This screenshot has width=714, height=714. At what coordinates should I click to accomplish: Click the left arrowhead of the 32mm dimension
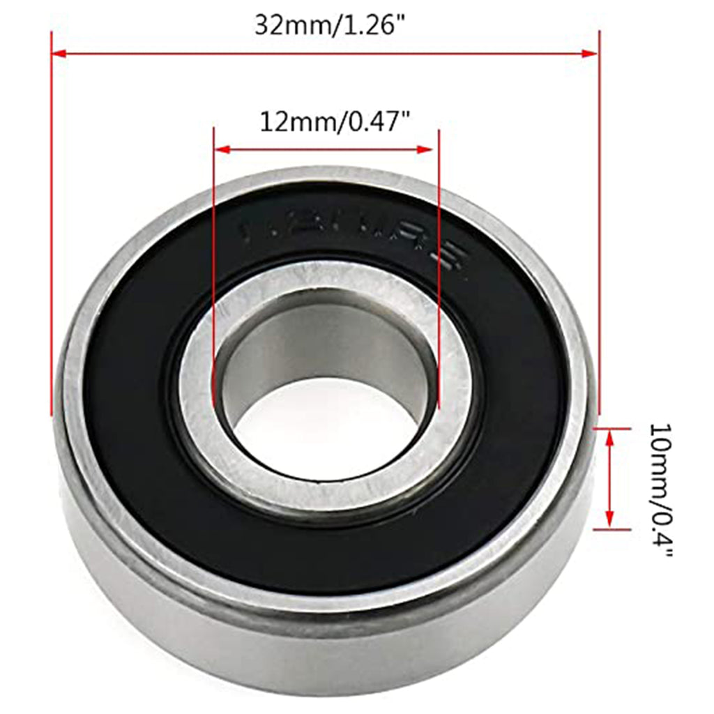click(59, 54)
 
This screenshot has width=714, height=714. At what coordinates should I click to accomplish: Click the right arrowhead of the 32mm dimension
click(592, 54)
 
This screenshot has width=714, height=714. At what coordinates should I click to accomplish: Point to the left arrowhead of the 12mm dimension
click(221, 149)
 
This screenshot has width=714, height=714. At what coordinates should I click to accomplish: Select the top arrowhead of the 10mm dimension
click(610, 436)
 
